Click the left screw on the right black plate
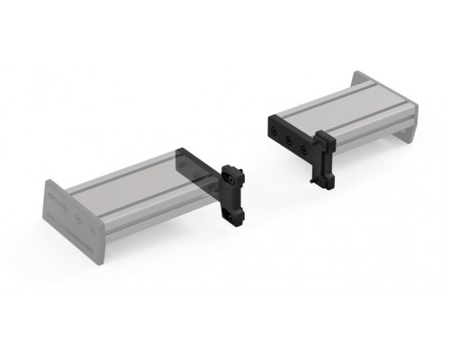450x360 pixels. coord(273,133)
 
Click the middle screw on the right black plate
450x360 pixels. coord(288,139)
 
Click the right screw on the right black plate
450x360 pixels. coord(303,146)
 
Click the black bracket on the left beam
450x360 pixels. coord(236,193)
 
